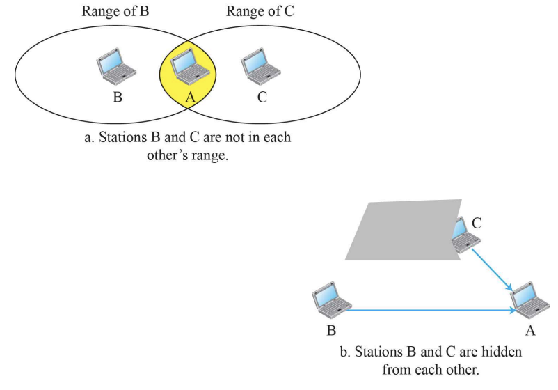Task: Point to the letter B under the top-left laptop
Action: pos(118,97)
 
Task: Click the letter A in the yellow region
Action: pos(189,97)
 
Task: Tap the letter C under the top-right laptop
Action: pos(262,97)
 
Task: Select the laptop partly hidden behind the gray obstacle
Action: pos(463,236)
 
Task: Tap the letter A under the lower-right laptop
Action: pos(530,331)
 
